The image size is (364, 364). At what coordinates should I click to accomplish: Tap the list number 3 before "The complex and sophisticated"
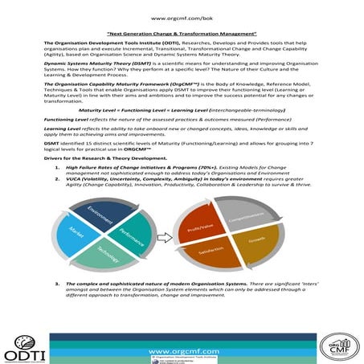(57, 284)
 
